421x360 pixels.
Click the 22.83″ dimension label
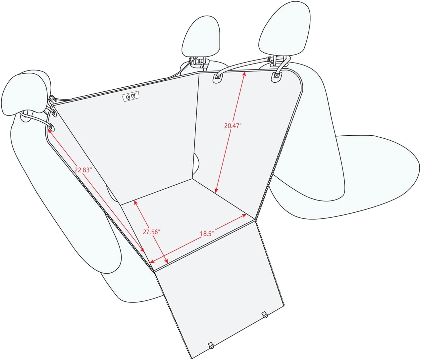tap(82, 170)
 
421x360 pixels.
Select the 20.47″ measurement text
tap(233, 126)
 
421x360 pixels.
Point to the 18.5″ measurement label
tap(206, 234)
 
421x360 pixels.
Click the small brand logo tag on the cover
tap(131, 96)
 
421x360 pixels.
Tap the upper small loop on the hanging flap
tap(264, 315)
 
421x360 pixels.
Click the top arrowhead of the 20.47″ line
tap(244, 73)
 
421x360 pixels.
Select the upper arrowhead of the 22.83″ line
tap(49, 130)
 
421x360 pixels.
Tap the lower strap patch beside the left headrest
tap(51, 127)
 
